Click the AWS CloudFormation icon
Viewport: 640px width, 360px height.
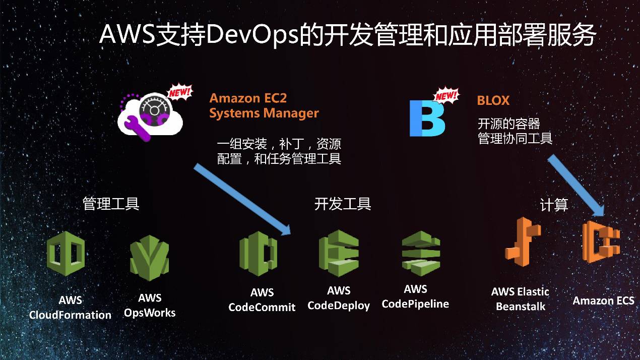pos(66,253)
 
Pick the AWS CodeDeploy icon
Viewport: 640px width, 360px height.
pos(338,250)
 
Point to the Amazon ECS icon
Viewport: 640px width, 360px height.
pos(601,242)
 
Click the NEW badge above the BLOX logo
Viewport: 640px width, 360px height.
pos(445,95)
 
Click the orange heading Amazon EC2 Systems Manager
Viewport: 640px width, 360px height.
pos(264,105)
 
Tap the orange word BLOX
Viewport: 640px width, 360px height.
pos(493,100)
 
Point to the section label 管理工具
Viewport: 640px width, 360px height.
pos(111,204)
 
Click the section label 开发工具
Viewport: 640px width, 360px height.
pos(343,204)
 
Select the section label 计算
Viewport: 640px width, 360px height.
pos(554,205)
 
